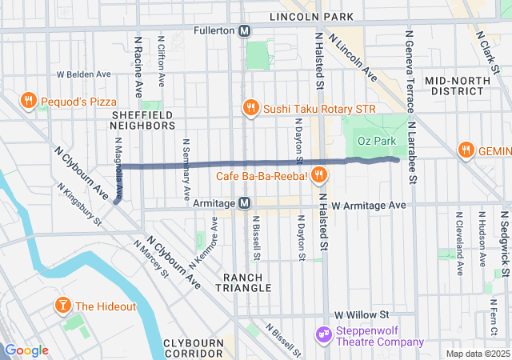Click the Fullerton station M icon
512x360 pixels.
(246, 30)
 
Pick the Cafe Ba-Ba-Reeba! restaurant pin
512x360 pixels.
(318, 174)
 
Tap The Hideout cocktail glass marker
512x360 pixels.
(62, 306)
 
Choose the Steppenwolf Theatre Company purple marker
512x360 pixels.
(324, 333)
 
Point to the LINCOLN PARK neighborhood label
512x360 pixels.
(311, 16)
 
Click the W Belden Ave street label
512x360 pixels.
(83, 74)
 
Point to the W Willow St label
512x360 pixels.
(362, 314)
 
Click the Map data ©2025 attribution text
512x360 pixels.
(478, 354)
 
